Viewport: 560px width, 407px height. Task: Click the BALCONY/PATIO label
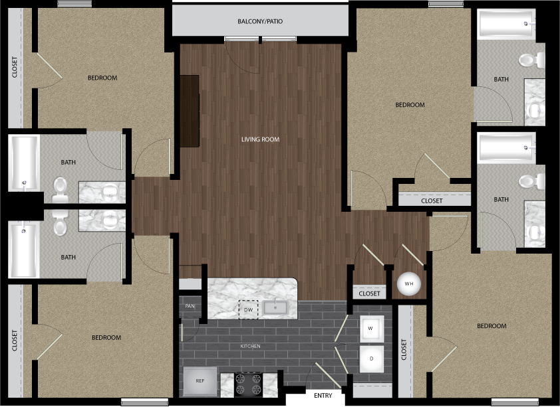[x=260, y=21]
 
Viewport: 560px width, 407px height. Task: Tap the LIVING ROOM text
[x=260, y=139]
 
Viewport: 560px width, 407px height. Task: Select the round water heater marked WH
[x=409, y=284]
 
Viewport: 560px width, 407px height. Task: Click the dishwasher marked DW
[x=248, y=309]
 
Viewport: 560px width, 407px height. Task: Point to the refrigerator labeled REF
[x=200, y=381]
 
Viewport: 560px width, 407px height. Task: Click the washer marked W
[x=371, y=328]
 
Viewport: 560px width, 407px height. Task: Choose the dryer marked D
[x=371, y=359]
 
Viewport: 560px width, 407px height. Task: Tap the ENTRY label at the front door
[x=323, y=396]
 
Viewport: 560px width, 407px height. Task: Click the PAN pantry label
[x=190, y=306]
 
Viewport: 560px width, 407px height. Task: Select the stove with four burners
[x=248, y=384]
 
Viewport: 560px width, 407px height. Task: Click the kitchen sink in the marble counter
[x=275, y=307]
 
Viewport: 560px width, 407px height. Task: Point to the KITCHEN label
[x=250, y=346]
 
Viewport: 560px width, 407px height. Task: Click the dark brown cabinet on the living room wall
[x=190, y=111]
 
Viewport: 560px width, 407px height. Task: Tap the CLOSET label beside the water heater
[x=369, y=293]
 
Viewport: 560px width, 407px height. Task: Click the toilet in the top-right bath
[x=531, y=60]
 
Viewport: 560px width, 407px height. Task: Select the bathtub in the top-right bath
[x=506, y=23]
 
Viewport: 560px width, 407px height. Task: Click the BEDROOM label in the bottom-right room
[x=491, y=326]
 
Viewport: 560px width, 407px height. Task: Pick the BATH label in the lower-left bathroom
[x=69, y=257]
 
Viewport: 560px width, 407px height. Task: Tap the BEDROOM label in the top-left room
[x=102, y=78]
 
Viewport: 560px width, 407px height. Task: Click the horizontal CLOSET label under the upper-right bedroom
[x=432, y=201]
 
